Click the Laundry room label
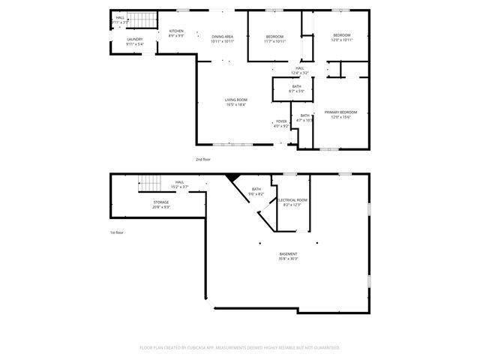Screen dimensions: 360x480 pos(135,41)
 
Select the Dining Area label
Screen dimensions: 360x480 pos(223,38)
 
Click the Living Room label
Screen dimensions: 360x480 pos(236,102)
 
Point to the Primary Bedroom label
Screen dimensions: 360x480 pos(341,114)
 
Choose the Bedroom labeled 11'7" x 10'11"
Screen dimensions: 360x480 pos(275,38)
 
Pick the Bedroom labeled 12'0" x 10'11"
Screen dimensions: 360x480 pos(342,37)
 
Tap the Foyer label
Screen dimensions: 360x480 pos(281,124)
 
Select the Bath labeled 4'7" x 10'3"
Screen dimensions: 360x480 pos(304,118)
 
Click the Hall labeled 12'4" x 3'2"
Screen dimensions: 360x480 pos(300,70)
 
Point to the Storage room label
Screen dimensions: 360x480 pos(161,204)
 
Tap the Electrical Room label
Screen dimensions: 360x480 pos(292,202)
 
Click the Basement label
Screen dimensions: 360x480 pos(288,256)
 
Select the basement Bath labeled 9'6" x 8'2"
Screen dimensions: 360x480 pos(257,191)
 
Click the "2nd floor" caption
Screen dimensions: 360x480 pos(203,160)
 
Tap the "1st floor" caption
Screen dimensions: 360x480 pos(116,232)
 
